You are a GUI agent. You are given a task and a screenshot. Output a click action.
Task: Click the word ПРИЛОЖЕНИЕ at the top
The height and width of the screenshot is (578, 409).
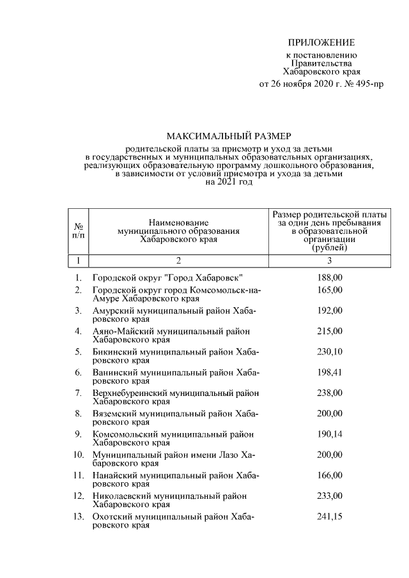pos(321,43)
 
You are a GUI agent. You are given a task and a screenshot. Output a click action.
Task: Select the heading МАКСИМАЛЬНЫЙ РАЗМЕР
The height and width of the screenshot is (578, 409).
pos(228,136)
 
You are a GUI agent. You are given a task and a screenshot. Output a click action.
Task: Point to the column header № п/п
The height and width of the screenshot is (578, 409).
pos(78,231)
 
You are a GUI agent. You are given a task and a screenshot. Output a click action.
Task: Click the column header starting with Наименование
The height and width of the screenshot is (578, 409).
pos(178,221)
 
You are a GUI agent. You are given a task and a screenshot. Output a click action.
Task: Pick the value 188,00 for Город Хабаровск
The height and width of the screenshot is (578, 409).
pos(330,278)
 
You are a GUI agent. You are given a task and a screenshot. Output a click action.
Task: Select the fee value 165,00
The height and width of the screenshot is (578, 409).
pos(330,290)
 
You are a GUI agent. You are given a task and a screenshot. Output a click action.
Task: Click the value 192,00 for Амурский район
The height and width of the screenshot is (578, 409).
pos(330,310)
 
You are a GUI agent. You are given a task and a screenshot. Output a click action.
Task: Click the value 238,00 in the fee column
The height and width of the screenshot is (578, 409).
pos(330,392)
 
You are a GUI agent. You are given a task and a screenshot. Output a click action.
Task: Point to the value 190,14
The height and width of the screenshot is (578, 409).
pos(330,434)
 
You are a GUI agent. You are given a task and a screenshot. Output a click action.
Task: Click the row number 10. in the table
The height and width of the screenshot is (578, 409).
pos(77,455)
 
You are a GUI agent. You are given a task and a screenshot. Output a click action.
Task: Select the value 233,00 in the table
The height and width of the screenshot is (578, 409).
pos(330,496)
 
